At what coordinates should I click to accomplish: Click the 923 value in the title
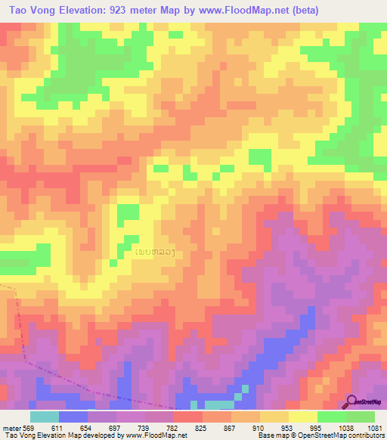[122, 10]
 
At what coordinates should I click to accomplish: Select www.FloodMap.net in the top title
[236, 10]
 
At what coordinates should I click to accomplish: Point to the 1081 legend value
[376, 428]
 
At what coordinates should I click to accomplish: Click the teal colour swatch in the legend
[45, 417]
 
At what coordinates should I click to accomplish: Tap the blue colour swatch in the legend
[73, 417]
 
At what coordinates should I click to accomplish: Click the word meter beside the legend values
[11, 428]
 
